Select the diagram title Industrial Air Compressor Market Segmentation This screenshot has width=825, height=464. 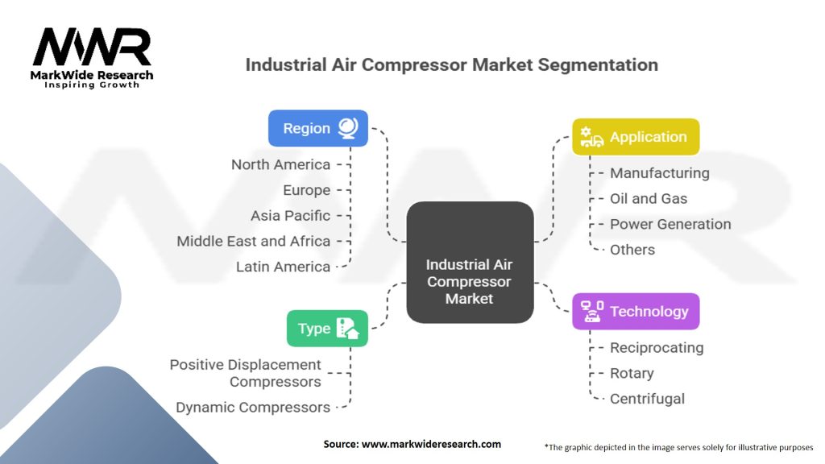click(x=451, y=64)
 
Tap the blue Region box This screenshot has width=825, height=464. click(x=317, y=128)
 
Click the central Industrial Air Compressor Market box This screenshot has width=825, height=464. click(x=469, y=281)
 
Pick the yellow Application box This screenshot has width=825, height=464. click(x=635, y=137)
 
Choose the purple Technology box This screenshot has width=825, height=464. click(x=635, y=311)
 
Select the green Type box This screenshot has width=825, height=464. click(x=327, y=328)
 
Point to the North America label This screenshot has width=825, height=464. click(x=280, y=164)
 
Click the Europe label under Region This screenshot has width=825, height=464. click(x=306, y=190)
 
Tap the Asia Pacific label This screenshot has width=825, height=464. click(x=290, y=215)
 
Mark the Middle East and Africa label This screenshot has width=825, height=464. click(x=253, y=241)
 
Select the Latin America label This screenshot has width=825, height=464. click(x=283, y=267)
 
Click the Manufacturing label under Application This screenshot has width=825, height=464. click(x=659, y=172)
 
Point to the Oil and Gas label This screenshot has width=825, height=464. click(x=649, y=198)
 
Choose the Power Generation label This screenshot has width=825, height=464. click(x=670, y=224)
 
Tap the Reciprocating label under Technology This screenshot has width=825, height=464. click(x=656, y=347)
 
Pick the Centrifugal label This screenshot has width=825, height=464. click(x=647, y=398)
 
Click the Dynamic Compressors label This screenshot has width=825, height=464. click(x=253, y=407)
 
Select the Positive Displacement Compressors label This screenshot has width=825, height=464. click(x=246, y=373)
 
